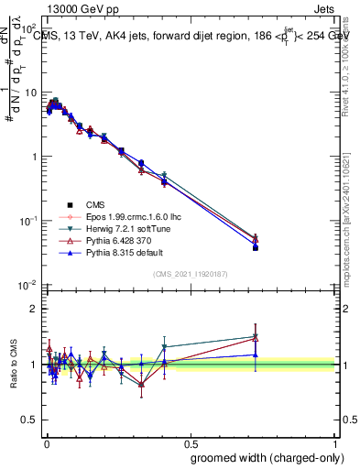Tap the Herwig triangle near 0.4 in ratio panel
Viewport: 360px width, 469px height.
tap(164, 347)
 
